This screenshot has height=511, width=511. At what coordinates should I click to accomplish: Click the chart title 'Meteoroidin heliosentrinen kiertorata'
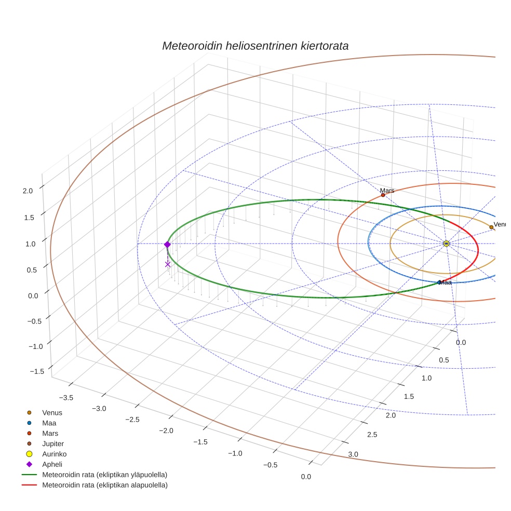coord(255,46)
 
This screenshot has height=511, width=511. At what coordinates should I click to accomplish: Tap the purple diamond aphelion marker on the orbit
coord(167,245)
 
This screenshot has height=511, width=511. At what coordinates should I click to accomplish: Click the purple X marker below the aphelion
coord(168,264)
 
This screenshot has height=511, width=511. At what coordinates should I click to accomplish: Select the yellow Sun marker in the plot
coord(446,244)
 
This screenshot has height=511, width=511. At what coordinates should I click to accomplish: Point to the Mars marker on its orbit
coord(383,195)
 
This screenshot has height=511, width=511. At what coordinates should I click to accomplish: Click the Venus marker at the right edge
coord(491,227)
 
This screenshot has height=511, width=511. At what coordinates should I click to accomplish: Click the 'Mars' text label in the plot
coord(387,191)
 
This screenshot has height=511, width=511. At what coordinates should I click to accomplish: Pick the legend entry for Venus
coord(52,413)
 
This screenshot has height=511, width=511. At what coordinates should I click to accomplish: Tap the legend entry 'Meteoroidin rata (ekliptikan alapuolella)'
coord(104,485)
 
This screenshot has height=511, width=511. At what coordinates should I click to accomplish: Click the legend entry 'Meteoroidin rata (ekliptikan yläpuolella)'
coord(104,475)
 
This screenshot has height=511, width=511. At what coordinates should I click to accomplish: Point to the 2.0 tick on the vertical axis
coord(28,191)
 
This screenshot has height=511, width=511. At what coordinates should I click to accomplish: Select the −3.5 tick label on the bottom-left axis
coord(66,398)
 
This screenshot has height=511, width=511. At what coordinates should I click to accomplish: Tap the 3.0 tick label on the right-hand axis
coord(353,454)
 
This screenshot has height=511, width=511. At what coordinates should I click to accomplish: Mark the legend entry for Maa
coord(49,423)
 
